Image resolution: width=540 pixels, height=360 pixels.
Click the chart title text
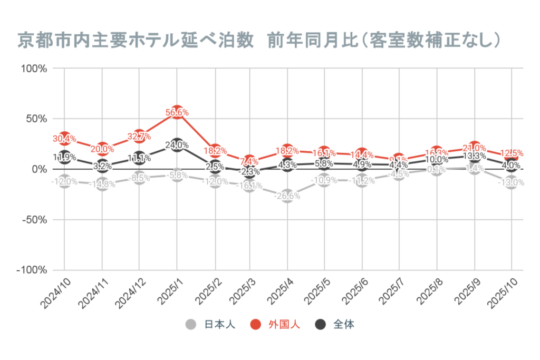pos(259,41)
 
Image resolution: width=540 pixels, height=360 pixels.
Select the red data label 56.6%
pos(178,112)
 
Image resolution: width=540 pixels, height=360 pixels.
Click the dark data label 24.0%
pos(178,145)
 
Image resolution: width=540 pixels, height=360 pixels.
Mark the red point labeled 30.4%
pos(64,139)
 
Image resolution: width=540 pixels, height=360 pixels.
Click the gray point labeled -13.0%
pos(510,182)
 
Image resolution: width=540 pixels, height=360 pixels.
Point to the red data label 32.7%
pos(140,137)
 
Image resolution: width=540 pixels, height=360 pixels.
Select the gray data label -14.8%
pos(102,184)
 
